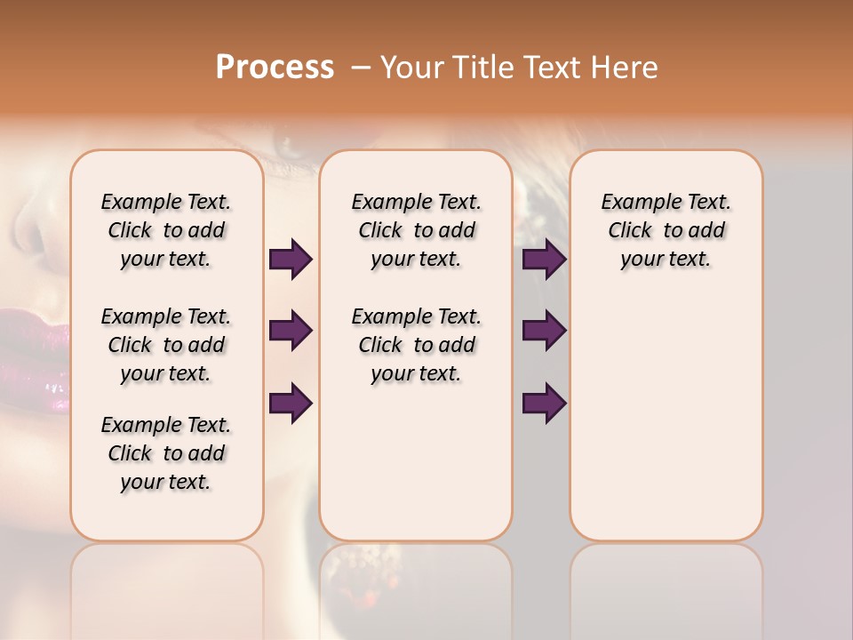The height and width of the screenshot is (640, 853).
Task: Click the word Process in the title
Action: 275,68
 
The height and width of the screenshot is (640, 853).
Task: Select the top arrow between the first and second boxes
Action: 291,259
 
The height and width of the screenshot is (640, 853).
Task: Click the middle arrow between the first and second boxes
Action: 291,331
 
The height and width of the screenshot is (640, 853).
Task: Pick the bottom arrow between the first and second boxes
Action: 291,403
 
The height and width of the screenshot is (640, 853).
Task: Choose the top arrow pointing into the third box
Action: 544,259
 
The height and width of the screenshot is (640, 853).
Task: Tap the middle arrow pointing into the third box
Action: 544,331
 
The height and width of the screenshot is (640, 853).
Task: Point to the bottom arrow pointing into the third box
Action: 544,403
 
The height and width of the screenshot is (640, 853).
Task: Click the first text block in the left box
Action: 166,230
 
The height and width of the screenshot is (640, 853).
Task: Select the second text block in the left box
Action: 166,345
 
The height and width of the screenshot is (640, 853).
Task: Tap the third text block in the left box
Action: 166,453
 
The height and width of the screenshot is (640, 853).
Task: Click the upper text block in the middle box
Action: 416,230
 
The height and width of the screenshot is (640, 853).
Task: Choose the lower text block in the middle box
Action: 416,345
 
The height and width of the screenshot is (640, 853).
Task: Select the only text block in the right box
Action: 666,230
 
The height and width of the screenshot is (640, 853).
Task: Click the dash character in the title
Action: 360,68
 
